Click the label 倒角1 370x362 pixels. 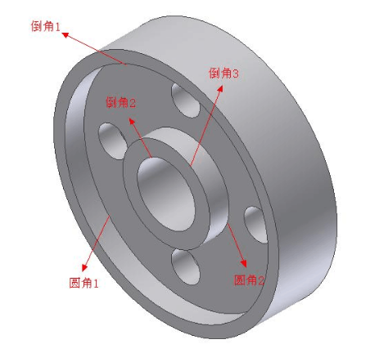(43, 27)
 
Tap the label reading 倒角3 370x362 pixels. (223, 74)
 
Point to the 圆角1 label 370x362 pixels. (83, 283)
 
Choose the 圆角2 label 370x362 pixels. (250, 280)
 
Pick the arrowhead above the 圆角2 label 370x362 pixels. (244, 263)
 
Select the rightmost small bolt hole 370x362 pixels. (255, 222)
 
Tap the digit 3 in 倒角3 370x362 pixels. (236, 74)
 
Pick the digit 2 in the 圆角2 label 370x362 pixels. (262, 280)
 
